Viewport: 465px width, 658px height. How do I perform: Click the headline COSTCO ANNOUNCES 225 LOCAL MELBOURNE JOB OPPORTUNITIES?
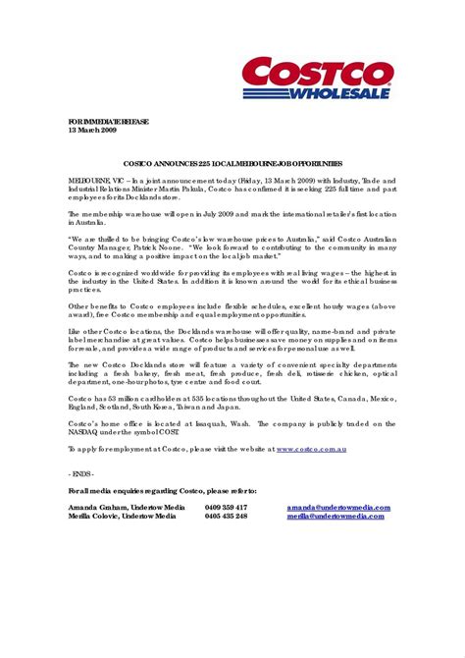(232, 163)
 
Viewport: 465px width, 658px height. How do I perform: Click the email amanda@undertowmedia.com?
(337, 507)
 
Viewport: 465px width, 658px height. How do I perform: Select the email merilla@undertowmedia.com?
(337, 516)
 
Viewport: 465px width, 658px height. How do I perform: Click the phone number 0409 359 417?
(226, 507)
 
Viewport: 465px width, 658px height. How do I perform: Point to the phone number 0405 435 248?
(226, 516)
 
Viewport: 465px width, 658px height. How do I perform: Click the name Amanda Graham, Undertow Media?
(123, 507)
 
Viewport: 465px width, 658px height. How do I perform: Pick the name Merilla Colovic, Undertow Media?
(123, 516)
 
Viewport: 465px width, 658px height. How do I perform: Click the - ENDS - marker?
(81, 472)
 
